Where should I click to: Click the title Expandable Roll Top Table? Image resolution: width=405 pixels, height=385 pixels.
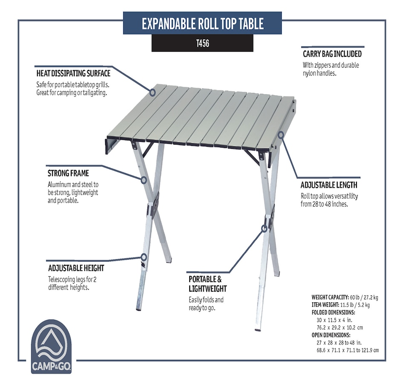[x=202, y=23]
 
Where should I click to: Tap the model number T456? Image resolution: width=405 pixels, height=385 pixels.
[x=202, y=43]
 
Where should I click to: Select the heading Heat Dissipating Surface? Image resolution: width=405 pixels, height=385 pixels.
[x=73, y=73]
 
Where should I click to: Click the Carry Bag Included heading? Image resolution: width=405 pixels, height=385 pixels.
[x=332, y=54]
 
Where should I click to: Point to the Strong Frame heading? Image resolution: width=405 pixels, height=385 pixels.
[x=68, y=173]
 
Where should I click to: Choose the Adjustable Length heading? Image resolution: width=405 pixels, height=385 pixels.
[x=329, y=185]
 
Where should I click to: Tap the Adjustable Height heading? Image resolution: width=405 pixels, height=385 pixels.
[x=76, y=268]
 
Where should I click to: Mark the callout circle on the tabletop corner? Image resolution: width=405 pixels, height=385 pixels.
[x=153, y=92]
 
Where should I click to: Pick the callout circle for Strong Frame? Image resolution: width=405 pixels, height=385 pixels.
[x=144, y=180]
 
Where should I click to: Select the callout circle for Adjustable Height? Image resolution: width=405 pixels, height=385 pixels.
[x=144, y=257]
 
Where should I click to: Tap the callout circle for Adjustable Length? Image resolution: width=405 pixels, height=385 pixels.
[x=281, y=134]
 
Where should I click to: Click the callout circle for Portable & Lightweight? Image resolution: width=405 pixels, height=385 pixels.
[x=264, y=229]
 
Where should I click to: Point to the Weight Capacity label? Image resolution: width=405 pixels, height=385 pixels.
[x=330, y=297]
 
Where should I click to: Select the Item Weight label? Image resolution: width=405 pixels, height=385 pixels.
[x=325, y=305]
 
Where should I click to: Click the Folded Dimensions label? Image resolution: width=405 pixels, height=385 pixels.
[x=333, y=313]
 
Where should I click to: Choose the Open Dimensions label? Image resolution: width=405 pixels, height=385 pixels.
[x=331, y=335]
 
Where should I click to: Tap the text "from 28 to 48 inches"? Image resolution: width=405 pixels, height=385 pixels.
[x=324, y=204]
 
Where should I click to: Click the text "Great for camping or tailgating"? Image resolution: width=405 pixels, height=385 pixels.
[x=72, y=93]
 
